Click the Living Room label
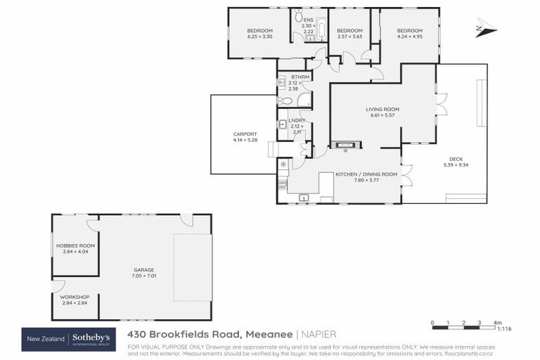pyautogui.click(x=382, y=109)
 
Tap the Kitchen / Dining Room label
pyautogui.click(x=366, y=174)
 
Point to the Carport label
pyautogui.click(x=245, y=134)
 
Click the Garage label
pyautogui.click(x=144, y=269)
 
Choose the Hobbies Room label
pyautogui.click(x=75, y=245)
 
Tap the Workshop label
pyautogui.click(x=75, y=297)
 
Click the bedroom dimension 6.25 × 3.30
pyautogui.click(x=259, y=37)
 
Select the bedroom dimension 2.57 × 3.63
pyautogui.click(x=349, y=37)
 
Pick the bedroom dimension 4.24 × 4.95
pyautogui.click(x=409, y=37)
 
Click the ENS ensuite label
pyautogui.click(x=308, y=20)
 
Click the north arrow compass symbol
pyautogui.click(x=485, y=28)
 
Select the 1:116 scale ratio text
pyautogui.click(x=503, y=329)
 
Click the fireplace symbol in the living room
pyautogui.click(x=345, y=146)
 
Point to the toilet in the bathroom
pyautogui.click(x=286, y=101)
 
